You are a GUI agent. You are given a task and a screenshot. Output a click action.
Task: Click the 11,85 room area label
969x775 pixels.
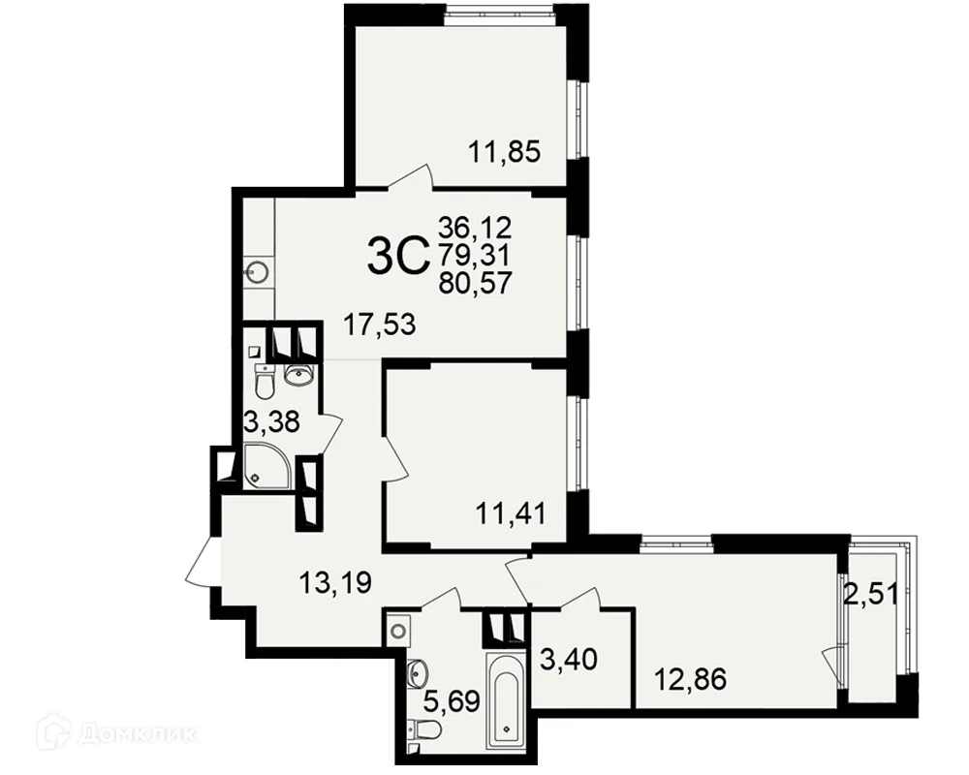(505, 151)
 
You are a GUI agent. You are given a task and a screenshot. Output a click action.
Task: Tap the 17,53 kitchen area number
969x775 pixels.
(380, 325)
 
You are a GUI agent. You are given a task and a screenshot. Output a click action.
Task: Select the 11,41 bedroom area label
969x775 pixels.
(511, 513)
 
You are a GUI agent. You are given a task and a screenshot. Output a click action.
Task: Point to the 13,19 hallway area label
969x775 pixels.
(335, 582)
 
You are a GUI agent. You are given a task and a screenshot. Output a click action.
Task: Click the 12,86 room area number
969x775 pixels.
(690, 680)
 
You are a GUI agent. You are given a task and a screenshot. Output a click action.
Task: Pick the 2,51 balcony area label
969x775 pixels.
(871, 595)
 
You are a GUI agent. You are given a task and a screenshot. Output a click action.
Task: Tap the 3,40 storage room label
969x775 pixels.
(569, 659)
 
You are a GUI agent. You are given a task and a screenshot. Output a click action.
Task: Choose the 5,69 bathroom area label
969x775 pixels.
(452, 702)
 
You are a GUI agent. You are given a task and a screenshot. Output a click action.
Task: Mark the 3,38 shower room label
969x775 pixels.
(272, 422)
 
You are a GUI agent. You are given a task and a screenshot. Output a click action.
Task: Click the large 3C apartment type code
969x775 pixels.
(398, 258)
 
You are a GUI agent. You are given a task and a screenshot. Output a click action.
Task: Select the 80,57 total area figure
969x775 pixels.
(475, 284)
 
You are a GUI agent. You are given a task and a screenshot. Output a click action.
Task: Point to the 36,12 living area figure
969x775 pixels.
(475, 228)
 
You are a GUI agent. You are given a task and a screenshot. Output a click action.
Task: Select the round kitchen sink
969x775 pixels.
(257, 271)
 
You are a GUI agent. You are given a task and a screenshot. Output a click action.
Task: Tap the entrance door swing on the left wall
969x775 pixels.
(203, 562)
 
